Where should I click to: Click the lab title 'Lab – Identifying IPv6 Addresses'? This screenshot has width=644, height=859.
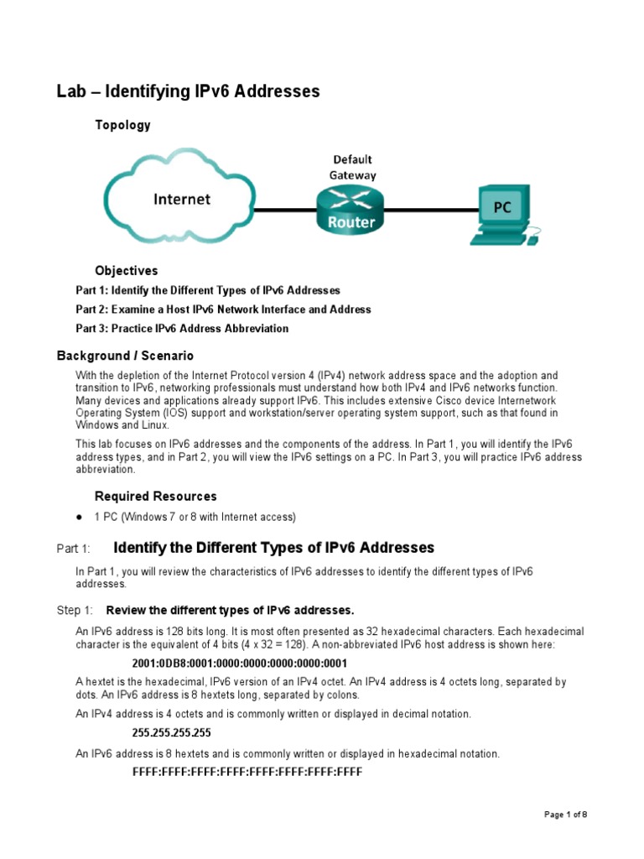[188, 91]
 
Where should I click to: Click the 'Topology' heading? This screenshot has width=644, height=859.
[122, 125]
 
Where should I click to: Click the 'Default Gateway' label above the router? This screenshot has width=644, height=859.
[352, 167]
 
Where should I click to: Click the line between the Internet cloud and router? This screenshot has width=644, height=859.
[285, 210]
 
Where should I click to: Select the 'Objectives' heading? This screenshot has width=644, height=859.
[126, 271]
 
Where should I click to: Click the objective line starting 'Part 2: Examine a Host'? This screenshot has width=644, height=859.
[223, 310]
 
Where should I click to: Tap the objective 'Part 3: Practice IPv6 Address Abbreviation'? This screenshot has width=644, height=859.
[182, 329]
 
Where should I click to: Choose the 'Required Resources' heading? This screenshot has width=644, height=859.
[155, 496]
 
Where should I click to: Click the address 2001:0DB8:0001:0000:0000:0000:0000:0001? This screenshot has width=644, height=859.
[247, 663]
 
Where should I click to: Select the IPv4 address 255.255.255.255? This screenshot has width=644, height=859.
[172, 732]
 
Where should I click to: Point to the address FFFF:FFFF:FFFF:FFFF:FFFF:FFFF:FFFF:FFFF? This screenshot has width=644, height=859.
[247, 772]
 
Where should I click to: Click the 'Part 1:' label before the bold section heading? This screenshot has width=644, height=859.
[73, 549]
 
